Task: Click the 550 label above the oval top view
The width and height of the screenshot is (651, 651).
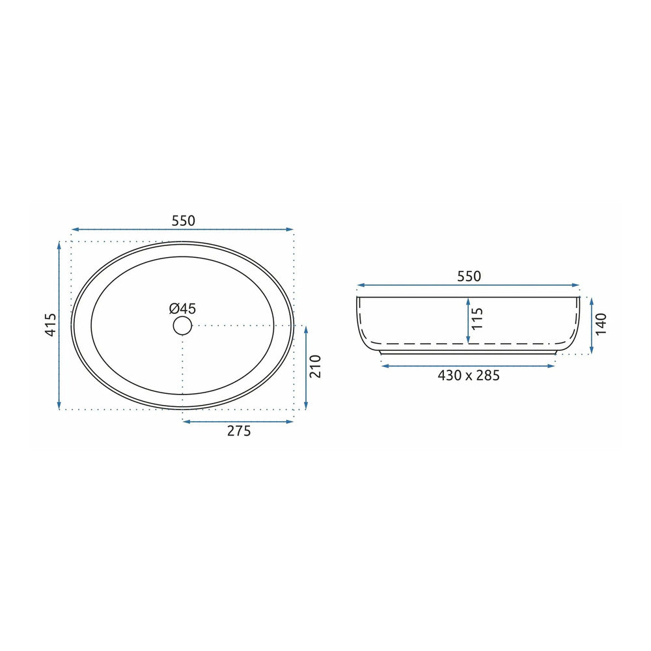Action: coord(183,221)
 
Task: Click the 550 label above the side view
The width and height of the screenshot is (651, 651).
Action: coord(469,277)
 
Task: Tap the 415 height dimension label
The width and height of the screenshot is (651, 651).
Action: coord(51,325)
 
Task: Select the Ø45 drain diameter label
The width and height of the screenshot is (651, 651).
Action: coord(182,309)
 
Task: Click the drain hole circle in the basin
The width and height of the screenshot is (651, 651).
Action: coord(182,325)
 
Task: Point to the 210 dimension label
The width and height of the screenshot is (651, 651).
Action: coord(316,366)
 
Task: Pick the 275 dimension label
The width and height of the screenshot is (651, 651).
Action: coord(239,431)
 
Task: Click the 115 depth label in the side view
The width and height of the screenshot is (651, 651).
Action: coord(478,318)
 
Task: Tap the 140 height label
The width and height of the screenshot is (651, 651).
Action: coord(601,324)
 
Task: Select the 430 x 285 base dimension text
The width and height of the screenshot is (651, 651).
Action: coord(469,376)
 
